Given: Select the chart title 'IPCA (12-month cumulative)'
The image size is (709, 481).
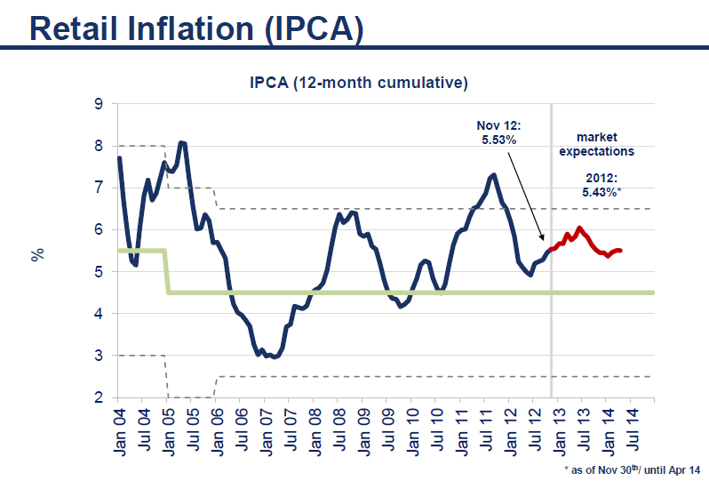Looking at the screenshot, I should coord(358,84).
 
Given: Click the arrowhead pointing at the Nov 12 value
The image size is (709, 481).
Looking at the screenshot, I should coord(544,237).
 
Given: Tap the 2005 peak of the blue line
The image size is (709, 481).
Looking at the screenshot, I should coord(182,142).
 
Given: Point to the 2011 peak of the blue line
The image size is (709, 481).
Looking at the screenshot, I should coord(493,174).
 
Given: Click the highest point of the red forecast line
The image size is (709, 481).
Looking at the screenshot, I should coord(579,228).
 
